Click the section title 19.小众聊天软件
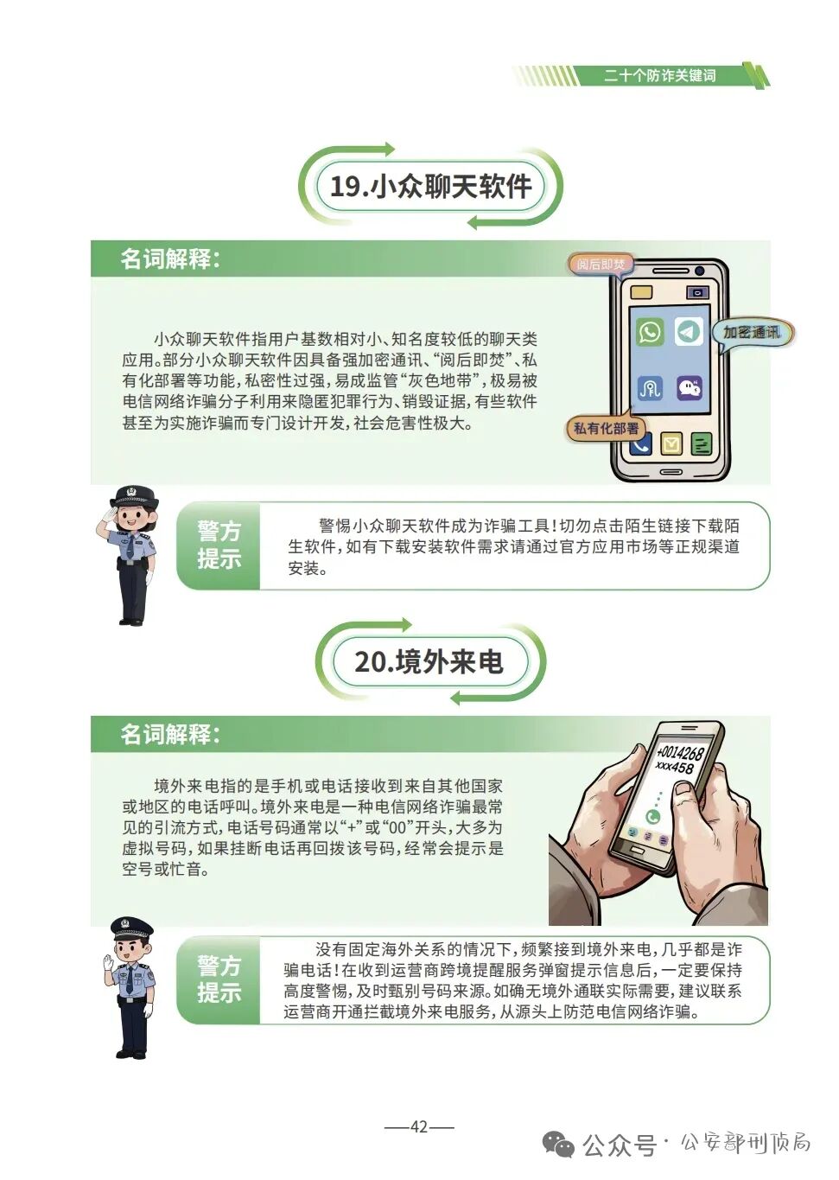(430, 186)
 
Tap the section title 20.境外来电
(429, 662)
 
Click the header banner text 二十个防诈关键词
(659, 76)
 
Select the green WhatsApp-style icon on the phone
(650, 332)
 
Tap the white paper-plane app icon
(689, 332)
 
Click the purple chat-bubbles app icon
(689, 388)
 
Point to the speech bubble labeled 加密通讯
(751, 333)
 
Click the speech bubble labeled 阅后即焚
(601, 265)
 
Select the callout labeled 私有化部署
(607, 428)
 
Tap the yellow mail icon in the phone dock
(671, 444)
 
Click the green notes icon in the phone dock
(702, 444)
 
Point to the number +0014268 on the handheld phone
(680, 752)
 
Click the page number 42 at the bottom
(419, 1126)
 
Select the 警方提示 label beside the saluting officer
(219, 545)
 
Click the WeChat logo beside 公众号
(558, 1145)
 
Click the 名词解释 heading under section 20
(170, 734)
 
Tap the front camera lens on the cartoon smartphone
(698, 271)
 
